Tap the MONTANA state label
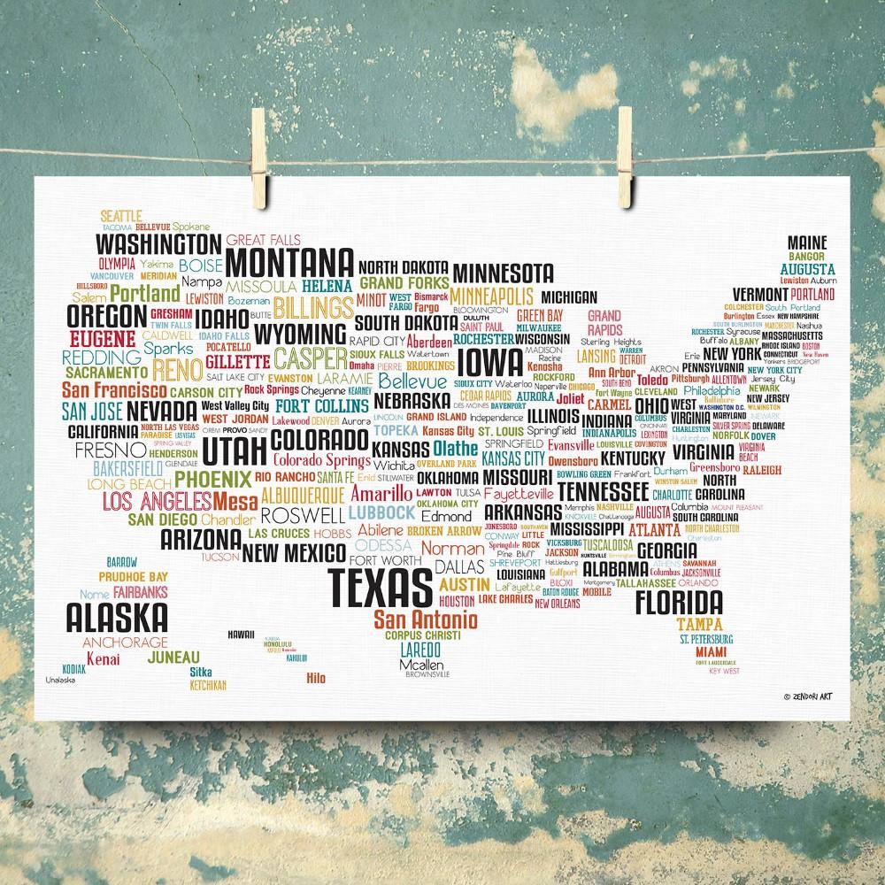[x=289, y=263]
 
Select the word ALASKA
[x=117, y=615]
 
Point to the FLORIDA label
[x=679, y=604]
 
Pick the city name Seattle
[x=120, y=215]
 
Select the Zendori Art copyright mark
[x=816, y=696]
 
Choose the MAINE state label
[x=805, y=242]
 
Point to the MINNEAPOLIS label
[x=491, y=296]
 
